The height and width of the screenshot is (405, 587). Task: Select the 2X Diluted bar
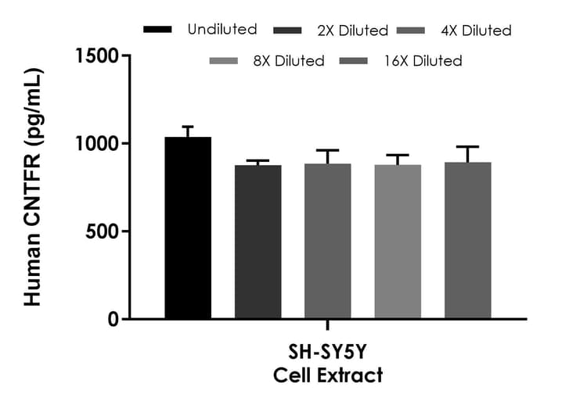tap(257, 242)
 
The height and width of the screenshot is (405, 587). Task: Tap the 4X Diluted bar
tap(328, 242)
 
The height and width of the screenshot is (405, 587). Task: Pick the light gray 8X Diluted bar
tap(398, 242)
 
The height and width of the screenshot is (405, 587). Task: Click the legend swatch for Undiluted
tap(157, 30)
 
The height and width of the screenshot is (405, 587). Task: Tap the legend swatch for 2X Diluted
tap(290, 30)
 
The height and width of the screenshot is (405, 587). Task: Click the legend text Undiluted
tap(222, 30)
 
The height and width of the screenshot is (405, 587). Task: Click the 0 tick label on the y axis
tap(114, 319)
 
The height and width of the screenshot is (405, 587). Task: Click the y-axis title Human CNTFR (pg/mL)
tap(33, 188)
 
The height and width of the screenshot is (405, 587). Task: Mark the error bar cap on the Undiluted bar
tap(188, 127)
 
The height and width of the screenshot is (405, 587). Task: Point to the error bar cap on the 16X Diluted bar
tap(468, 146)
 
